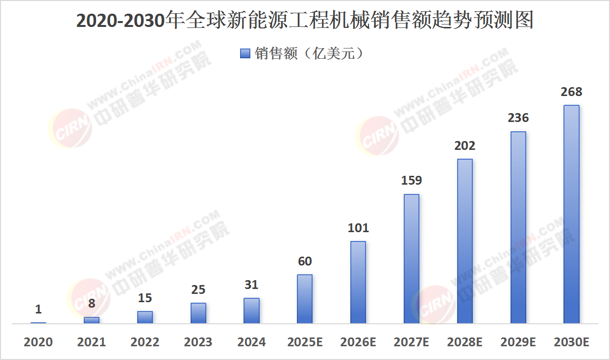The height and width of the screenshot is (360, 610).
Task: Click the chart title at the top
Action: point(305,21)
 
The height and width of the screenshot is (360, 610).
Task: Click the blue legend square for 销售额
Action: point(245,53)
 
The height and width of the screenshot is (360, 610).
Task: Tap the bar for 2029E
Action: point(518,227)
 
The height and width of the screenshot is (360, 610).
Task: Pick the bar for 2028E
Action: point(465,241)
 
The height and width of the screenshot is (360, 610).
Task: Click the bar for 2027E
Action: point(412,259)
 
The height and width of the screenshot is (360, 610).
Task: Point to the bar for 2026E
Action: point(358,282)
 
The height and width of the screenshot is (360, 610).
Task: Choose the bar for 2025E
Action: point(305,299)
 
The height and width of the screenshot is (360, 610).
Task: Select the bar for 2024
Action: point(251,311)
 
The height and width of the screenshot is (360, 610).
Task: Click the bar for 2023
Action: point(198,313)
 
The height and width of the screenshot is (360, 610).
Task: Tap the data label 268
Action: point(571,92)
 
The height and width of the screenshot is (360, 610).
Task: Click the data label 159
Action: point(412,181)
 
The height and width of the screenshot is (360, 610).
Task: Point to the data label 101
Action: point(358,228)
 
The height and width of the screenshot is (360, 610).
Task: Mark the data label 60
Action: point(305,262)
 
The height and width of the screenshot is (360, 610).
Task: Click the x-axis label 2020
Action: point(38,342)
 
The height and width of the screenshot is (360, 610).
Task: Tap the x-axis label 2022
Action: point(145,342)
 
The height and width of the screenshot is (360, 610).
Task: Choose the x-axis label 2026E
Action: point(358,342)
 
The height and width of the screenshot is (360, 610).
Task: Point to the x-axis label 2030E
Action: point(571,342)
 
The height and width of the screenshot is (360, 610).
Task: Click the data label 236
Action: point(518,118)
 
